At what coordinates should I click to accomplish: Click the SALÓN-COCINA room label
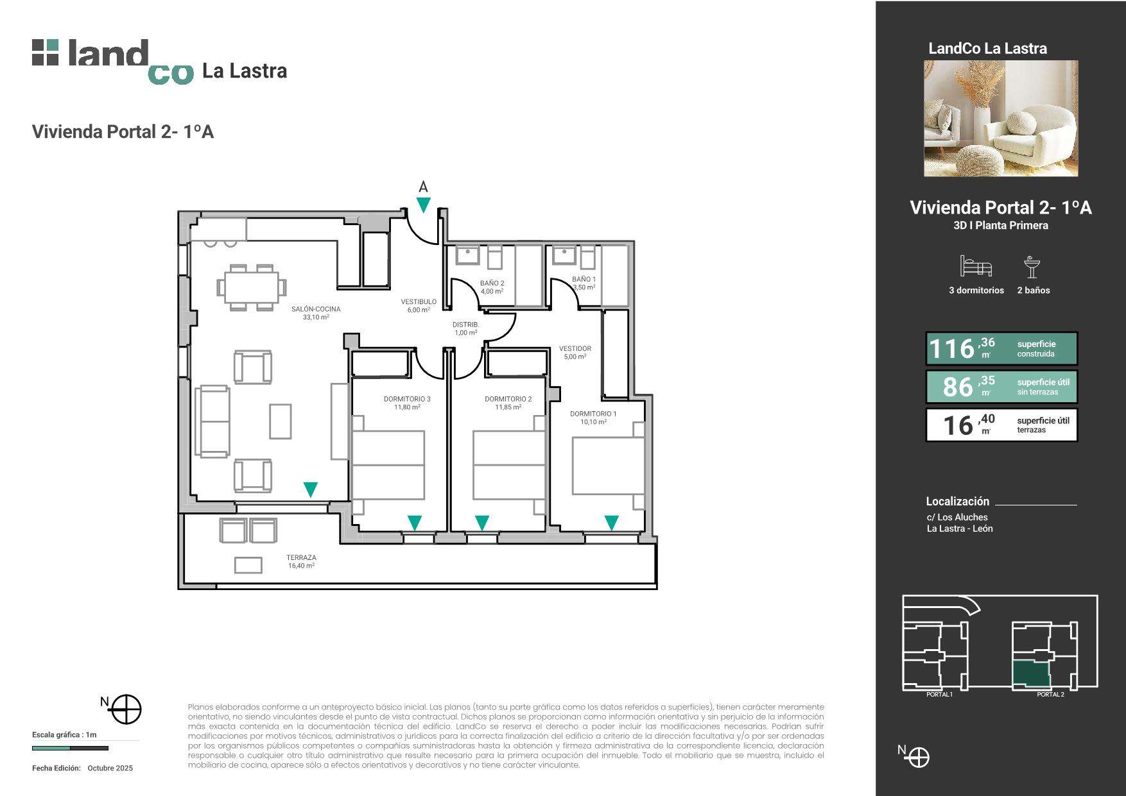tap(316, 309)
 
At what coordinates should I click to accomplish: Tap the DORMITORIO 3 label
tap(407, 399)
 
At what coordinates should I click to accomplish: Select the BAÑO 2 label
tap(492, 284)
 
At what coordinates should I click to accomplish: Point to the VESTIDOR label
tap(575, 349)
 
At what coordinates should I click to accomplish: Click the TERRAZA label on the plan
tap(301, 558)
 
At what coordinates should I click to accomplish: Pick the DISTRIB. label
tap(466, 325)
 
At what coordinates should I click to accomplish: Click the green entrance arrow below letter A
tap(424, 205)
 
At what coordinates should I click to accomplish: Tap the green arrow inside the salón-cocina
tap(310, 489)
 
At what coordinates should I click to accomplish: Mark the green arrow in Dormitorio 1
tap(612, 523)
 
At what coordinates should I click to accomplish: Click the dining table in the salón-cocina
tap(252, 287)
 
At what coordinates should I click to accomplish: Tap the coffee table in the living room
tap(280, 421)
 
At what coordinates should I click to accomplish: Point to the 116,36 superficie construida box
tap(1001, 348)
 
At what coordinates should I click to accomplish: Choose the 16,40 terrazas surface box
tap(1001, 425)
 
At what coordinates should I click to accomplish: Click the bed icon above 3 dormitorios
tap(976, 266)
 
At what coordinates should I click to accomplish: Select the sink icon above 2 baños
tap(1032, 267)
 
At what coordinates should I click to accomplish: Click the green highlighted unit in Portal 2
tap(1032, 674)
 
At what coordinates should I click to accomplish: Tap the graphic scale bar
tap(70, 748)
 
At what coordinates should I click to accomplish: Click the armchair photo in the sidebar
tap(1001, 119)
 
